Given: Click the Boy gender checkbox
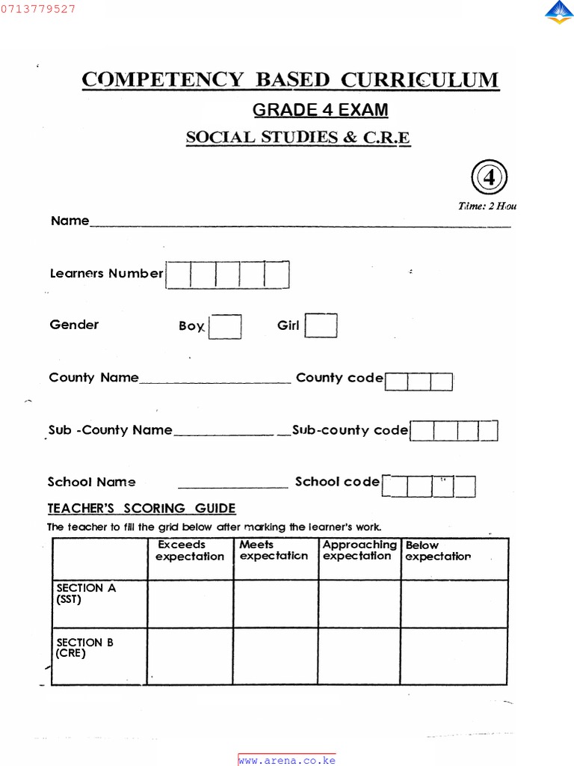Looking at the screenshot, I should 225,327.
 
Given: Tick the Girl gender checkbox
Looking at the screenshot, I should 321,325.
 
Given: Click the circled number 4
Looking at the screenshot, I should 489,178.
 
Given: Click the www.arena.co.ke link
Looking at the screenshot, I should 287,760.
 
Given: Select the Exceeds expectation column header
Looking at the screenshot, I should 190,551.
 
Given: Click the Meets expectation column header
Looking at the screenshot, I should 274,551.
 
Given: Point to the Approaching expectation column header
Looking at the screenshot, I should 359,551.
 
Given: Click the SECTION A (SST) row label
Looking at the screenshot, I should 86,593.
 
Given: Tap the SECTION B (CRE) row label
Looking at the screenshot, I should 84,648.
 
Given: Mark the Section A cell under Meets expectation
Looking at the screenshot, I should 276,604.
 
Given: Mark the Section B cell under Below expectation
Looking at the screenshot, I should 454,656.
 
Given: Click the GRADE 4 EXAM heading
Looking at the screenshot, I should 320,110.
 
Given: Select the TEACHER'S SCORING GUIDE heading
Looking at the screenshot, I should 142,509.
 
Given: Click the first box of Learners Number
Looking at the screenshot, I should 179,275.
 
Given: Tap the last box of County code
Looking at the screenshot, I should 442,382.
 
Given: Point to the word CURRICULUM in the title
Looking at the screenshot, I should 420,80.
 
